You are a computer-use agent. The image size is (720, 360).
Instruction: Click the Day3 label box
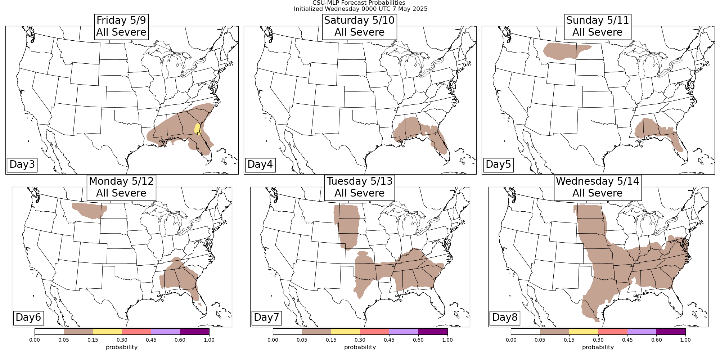coord(22,165)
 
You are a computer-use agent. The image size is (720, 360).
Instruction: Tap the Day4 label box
coord(260,165)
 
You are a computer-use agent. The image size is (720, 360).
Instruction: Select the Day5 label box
coord(498,165)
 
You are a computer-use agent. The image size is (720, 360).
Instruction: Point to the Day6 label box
coord(28,318)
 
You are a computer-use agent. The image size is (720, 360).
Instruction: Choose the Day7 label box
coord(266,318)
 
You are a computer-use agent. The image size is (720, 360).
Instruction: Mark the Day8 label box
coord(505,318)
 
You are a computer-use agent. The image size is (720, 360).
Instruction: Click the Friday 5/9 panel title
coord(121,26)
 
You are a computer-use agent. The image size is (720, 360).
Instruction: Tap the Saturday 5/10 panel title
coord(359,26)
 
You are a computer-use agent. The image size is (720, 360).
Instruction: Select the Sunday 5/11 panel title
coord(598,26)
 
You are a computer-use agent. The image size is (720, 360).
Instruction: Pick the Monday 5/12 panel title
coord(121,187)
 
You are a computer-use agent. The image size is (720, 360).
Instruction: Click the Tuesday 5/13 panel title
coord(359,187)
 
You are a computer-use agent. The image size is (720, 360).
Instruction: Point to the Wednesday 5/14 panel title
coord(598,187)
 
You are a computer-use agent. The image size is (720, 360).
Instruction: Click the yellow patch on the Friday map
coord(197,129)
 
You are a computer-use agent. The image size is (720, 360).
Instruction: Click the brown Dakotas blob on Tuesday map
coord(347,225)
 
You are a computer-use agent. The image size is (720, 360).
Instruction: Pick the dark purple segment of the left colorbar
coord(194,332)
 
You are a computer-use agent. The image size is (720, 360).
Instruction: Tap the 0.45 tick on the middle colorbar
coord(389,340)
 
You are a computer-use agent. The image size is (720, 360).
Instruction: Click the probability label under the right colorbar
coord(598,347)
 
